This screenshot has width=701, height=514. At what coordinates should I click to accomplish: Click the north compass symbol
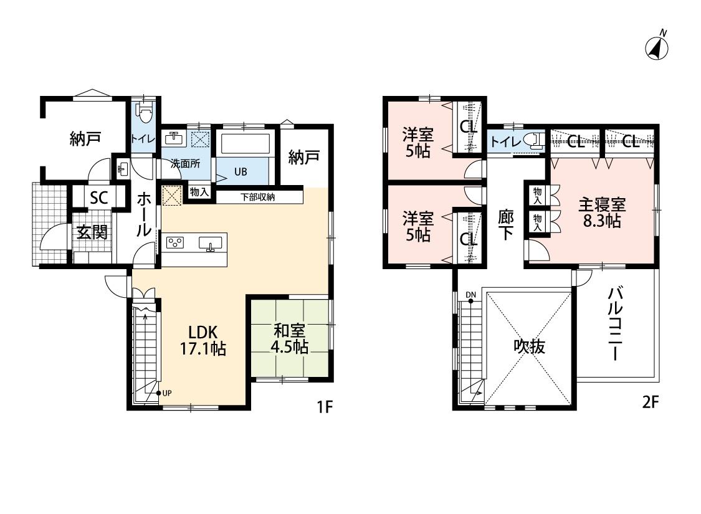point(657,45)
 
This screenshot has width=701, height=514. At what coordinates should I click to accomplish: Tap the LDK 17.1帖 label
point(203,340)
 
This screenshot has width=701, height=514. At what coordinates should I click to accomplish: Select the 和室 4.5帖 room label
point(290,338)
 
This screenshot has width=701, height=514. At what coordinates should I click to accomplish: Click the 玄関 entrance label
point(92,232)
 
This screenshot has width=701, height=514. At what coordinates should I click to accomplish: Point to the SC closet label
point(99,198)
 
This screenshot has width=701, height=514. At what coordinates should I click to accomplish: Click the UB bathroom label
point(241,171)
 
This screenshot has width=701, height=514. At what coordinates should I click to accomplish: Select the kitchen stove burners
point(175,242)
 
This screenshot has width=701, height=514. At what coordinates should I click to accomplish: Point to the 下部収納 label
point(257,197)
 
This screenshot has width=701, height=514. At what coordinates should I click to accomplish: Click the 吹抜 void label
point(529,346)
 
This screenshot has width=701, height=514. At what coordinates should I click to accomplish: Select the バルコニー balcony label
point(615,323)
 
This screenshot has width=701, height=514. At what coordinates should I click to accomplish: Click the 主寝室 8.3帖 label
point(602,212)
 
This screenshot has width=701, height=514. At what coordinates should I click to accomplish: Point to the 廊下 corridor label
point(505,225)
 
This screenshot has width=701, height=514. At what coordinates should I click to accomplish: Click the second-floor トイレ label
point(505,142)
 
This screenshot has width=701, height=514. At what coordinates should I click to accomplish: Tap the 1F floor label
point(325,407)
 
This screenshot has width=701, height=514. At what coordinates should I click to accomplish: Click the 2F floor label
point(651,402)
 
